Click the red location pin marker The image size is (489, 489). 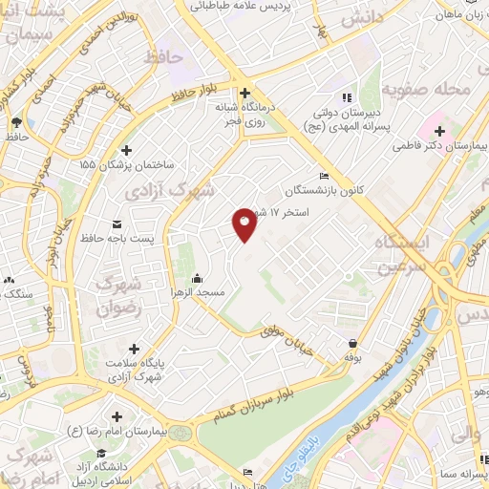pyautogui.click(x=244, y=223)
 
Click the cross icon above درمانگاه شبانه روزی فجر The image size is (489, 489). pyautogui.click(x=245, y=94)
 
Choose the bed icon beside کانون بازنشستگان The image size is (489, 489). pyautogui.click(x=324, y=176)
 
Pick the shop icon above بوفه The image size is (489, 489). pyautogui.click(x=353, y=344)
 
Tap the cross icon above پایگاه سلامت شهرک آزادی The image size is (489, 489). pyautogui.click(x=134, y=349)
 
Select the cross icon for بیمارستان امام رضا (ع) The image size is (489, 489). pyautogui.click(x=117, y=416)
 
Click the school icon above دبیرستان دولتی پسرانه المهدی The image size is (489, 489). pyautogui.click(x=346, y=97)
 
